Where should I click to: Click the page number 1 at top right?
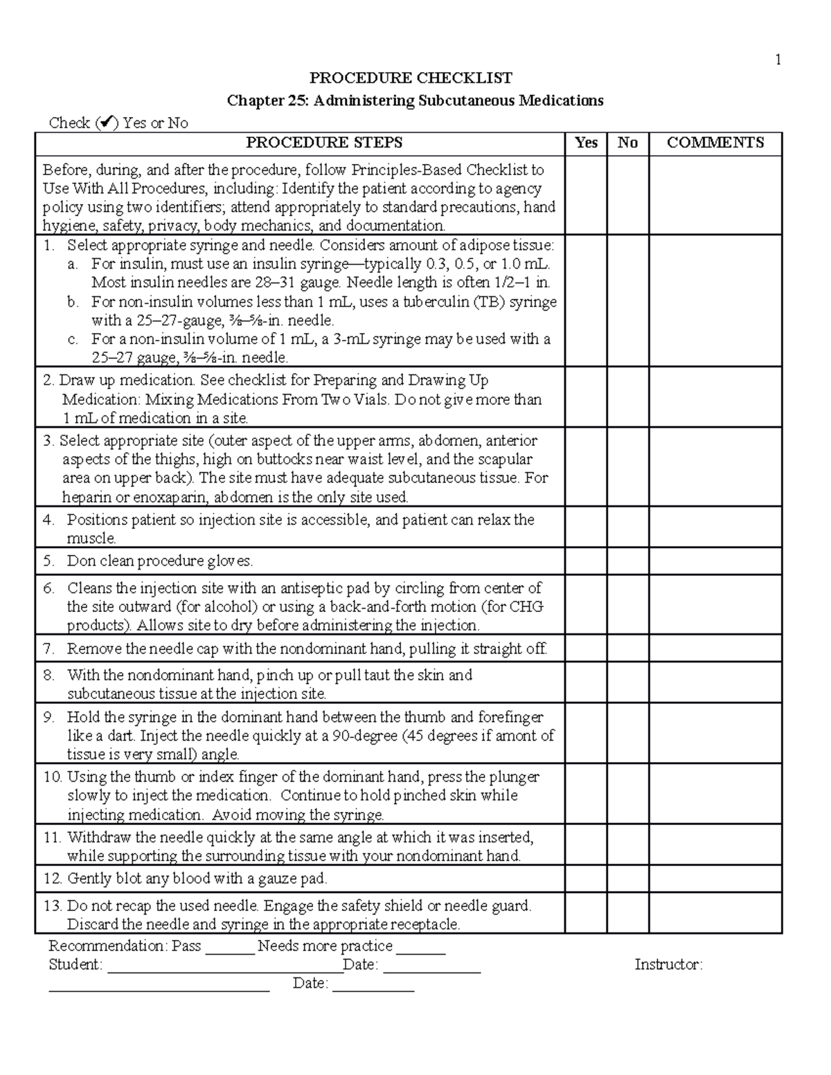[778, 60]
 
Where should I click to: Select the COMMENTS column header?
[715, 143]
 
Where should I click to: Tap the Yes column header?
[586, 143]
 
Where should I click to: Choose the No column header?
[627, 143]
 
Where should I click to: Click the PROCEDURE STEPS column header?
[324, 143]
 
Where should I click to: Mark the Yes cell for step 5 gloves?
[586, 561]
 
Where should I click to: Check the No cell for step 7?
[627, 649]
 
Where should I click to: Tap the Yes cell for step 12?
[586, 879]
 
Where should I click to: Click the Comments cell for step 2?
[715, 399]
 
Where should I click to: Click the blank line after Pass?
[230, 947]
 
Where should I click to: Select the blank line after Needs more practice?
[420, 947]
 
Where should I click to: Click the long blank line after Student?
[224, 966]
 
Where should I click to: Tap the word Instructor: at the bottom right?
[668, 965]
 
